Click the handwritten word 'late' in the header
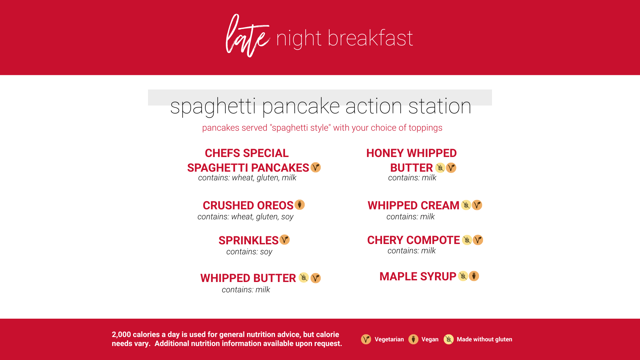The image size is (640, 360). [x=248, y=36]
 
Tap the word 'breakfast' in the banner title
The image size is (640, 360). [x=370, y=38]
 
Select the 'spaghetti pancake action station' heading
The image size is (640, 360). [x=320, y=106]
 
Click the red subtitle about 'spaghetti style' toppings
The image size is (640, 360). [x=322, y=128]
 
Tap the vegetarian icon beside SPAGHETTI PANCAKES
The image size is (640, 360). [x=316, y=167]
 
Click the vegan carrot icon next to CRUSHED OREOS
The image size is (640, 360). [x=300, y=205]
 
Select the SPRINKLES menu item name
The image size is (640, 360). [x=248, y=240]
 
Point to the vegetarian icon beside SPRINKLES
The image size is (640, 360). [x=284, y=240]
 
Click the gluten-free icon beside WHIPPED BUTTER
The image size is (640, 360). [x=304, y=278]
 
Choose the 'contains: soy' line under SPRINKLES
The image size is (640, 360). [x=249, y=252]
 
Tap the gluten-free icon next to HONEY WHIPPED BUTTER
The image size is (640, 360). [x=440, y=168]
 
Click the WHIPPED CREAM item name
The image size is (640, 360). [x=413, y=206]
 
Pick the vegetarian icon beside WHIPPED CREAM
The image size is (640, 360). [x=477, y=205]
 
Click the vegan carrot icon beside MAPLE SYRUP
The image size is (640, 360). [x=474, y=276]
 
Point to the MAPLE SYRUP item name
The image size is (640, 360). [x=418, y=277]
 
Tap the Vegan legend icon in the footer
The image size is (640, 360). [x=413, y=339]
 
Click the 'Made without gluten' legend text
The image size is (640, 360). [x=484, y=339]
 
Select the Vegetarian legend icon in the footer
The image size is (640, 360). [x=366, y=339]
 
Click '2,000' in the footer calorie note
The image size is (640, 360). [x=121, y=335]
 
